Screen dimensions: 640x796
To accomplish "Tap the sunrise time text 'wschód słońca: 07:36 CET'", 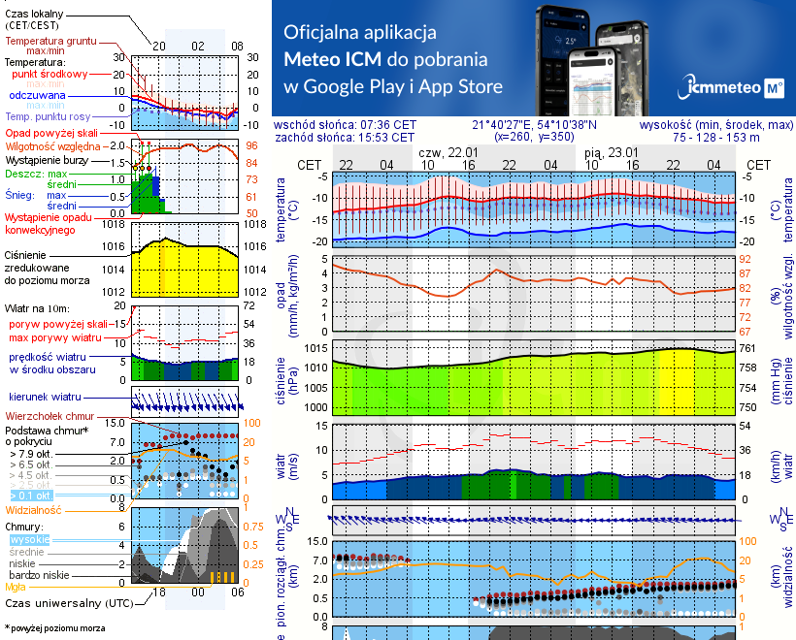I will (x=345, y=125).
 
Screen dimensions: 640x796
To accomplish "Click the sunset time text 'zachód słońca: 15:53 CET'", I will (x=345, y=138).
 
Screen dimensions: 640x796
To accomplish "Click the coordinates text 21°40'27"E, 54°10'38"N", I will (x=535, y=125).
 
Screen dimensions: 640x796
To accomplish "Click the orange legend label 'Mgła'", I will (x=16, y=587).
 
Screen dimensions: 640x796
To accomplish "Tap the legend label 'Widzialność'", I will (x=33, y=509).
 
